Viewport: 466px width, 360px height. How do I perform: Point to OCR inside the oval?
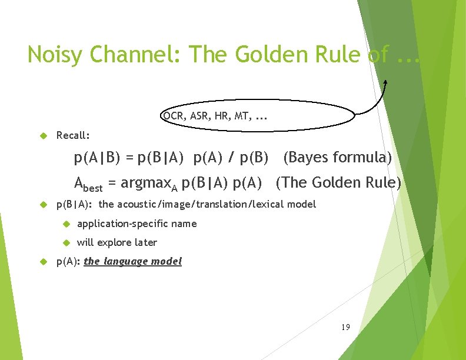tap(172, 116)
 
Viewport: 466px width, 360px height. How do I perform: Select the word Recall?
tap(72, 135)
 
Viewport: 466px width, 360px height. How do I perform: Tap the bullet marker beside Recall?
tap(42, 135)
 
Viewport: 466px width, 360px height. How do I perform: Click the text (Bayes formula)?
tap(337, 158)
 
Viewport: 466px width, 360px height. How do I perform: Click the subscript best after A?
tap(93, 188)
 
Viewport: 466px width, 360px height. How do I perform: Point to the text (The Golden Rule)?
tap(338, 182)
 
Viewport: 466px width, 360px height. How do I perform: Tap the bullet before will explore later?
tap(66, 242)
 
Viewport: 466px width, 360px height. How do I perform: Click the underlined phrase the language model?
tap(133, 261)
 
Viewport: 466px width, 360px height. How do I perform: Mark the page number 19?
tap(345, 326)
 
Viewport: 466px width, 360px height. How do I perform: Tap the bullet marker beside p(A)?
tap(42, 261)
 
